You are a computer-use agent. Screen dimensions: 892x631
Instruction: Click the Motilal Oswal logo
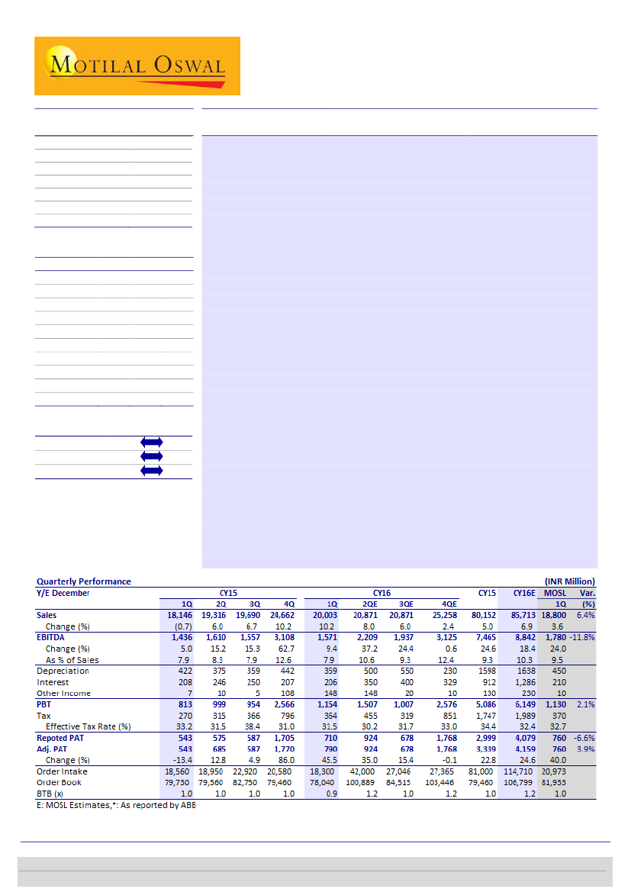pyautogui.click(x=137, y=66)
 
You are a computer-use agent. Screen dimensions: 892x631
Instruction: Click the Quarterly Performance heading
pyautogui.click(x=84, y=581)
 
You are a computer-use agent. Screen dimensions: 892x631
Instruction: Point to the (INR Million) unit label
pyautogui.click(x=569, y=581)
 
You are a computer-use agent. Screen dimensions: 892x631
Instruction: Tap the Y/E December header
pyautogui.click(x=63, y=593)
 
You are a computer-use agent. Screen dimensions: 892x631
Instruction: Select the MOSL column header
pyautogui.click(x=555, y=593)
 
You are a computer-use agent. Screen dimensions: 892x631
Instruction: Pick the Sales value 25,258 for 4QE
pyautogui.click(x=440, y=615)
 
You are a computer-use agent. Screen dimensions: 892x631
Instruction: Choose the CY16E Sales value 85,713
pyautogui.click(x=523, y=615)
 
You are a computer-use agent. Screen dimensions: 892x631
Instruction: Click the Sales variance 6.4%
pyautogui.click(x=585, y=615)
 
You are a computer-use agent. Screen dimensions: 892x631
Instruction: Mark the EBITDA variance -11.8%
pyautogui.click(x=581, y=637)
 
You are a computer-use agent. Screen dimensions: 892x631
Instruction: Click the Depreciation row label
pyautogui.click(x=63, y=671)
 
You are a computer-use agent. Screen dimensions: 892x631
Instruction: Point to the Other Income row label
pyautogui.click(x=63, y=694)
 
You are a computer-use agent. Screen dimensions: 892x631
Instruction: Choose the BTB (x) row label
pyautogui.click(x=50, y=794)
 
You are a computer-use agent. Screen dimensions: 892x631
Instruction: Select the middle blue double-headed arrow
pyautogui.click(x=151, y=456)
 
